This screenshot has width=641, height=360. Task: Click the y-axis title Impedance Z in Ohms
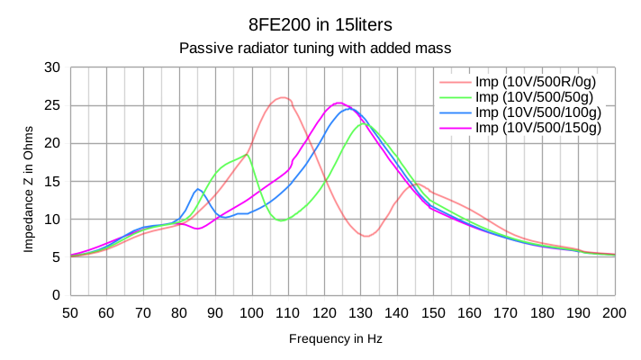[x=28, y=181]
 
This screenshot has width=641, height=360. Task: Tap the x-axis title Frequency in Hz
[x=335, y=338]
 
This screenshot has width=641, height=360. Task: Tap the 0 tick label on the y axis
[x=56, y=295]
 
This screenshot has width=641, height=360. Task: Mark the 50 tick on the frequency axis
[x=70, y=312]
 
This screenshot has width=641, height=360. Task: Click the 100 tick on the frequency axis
[x=252, y=312]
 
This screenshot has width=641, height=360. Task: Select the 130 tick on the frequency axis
[x=361, y=312]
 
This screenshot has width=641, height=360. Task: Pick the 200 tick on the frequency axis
[x=615, y=312]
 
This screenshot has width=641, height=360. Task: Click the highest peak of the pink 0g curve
[x=283, y=97]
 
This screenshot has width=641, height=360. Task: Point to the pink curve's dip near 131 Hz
[x=366, y=236]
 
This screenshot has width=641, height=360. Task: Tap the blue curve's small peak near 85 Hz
[x=198, y=189]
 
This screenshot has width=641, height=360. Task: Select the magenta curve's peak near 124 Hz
[x=339, y=103]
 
